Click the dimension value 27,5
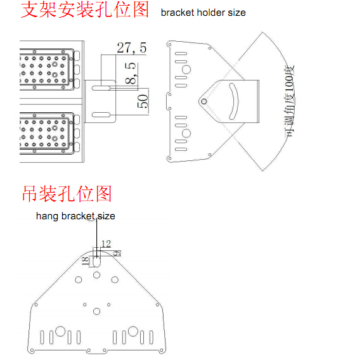click(132, 48)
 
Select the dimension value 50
click(143, 101)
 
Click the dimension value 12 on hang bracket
click(107, 244)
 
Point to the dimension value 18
click(86, 260)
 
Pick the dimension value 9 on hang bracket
click(117, 254)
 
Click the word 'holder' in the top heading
click(211, 13)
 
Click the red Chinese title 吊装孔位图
click(67, 193)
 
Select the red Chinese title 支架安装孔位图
click(84, 10)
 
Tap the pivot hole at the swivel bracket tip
click(204, 101)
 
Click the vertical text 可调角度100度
click(290, 101)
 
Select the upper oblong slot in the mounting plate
click(101, 88)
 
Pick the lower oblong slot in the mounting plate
click(101, 115)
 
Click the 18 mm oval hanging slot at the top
click(96, 262)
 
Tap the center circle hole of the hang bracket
click(96, 311)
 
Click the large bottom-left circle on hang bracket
click(60, 331)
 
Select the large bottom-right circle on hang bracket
click(133, 331)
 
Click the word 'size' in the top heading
click(236, 13)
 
